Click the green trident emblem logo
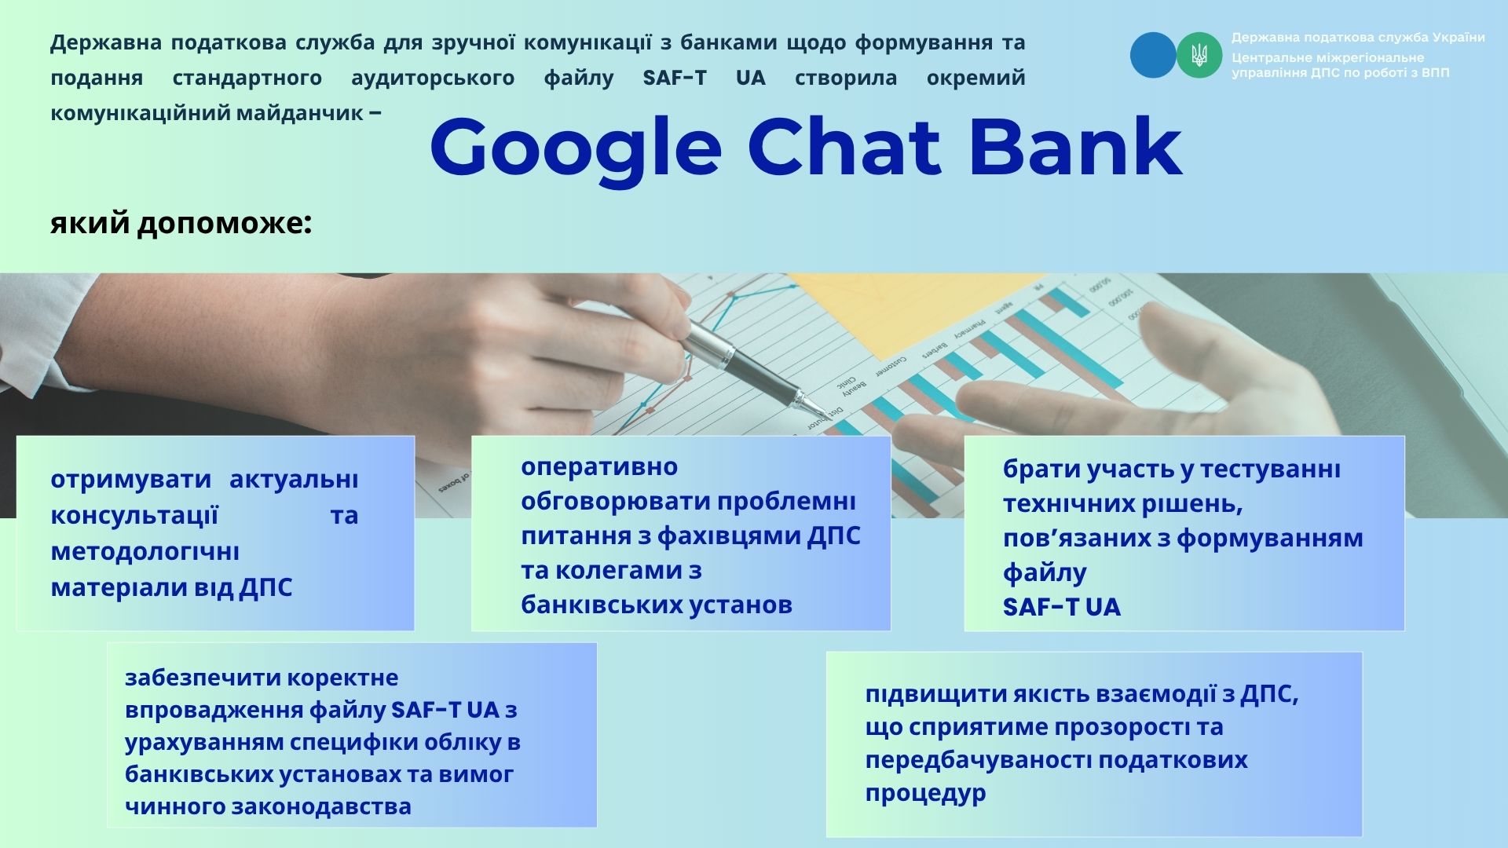1199,55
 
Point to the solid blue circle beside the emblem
1153,55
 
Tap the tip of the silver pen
824,415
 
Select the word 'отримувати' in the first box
130,480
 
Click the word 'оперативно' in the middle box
599,467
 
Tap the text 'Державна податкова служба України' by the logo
1358,38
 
